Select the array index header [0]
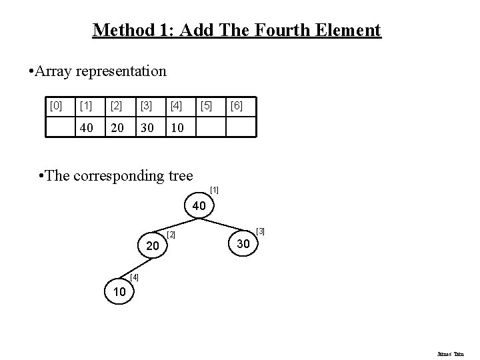57,105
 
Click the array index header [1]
86,105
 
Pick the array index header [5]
206,105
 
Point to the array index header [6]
237,105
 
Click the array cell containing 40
86,126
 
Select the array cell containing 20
116,126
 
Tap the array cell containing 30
146,126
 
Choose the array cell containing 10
176,126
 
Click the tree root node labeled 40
199,207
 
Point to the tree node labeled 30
243,245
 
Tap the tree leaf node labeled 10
118,292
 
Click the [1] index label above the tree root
214,191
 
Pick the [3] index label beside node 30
261,231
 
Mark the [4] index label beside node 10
135,277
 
